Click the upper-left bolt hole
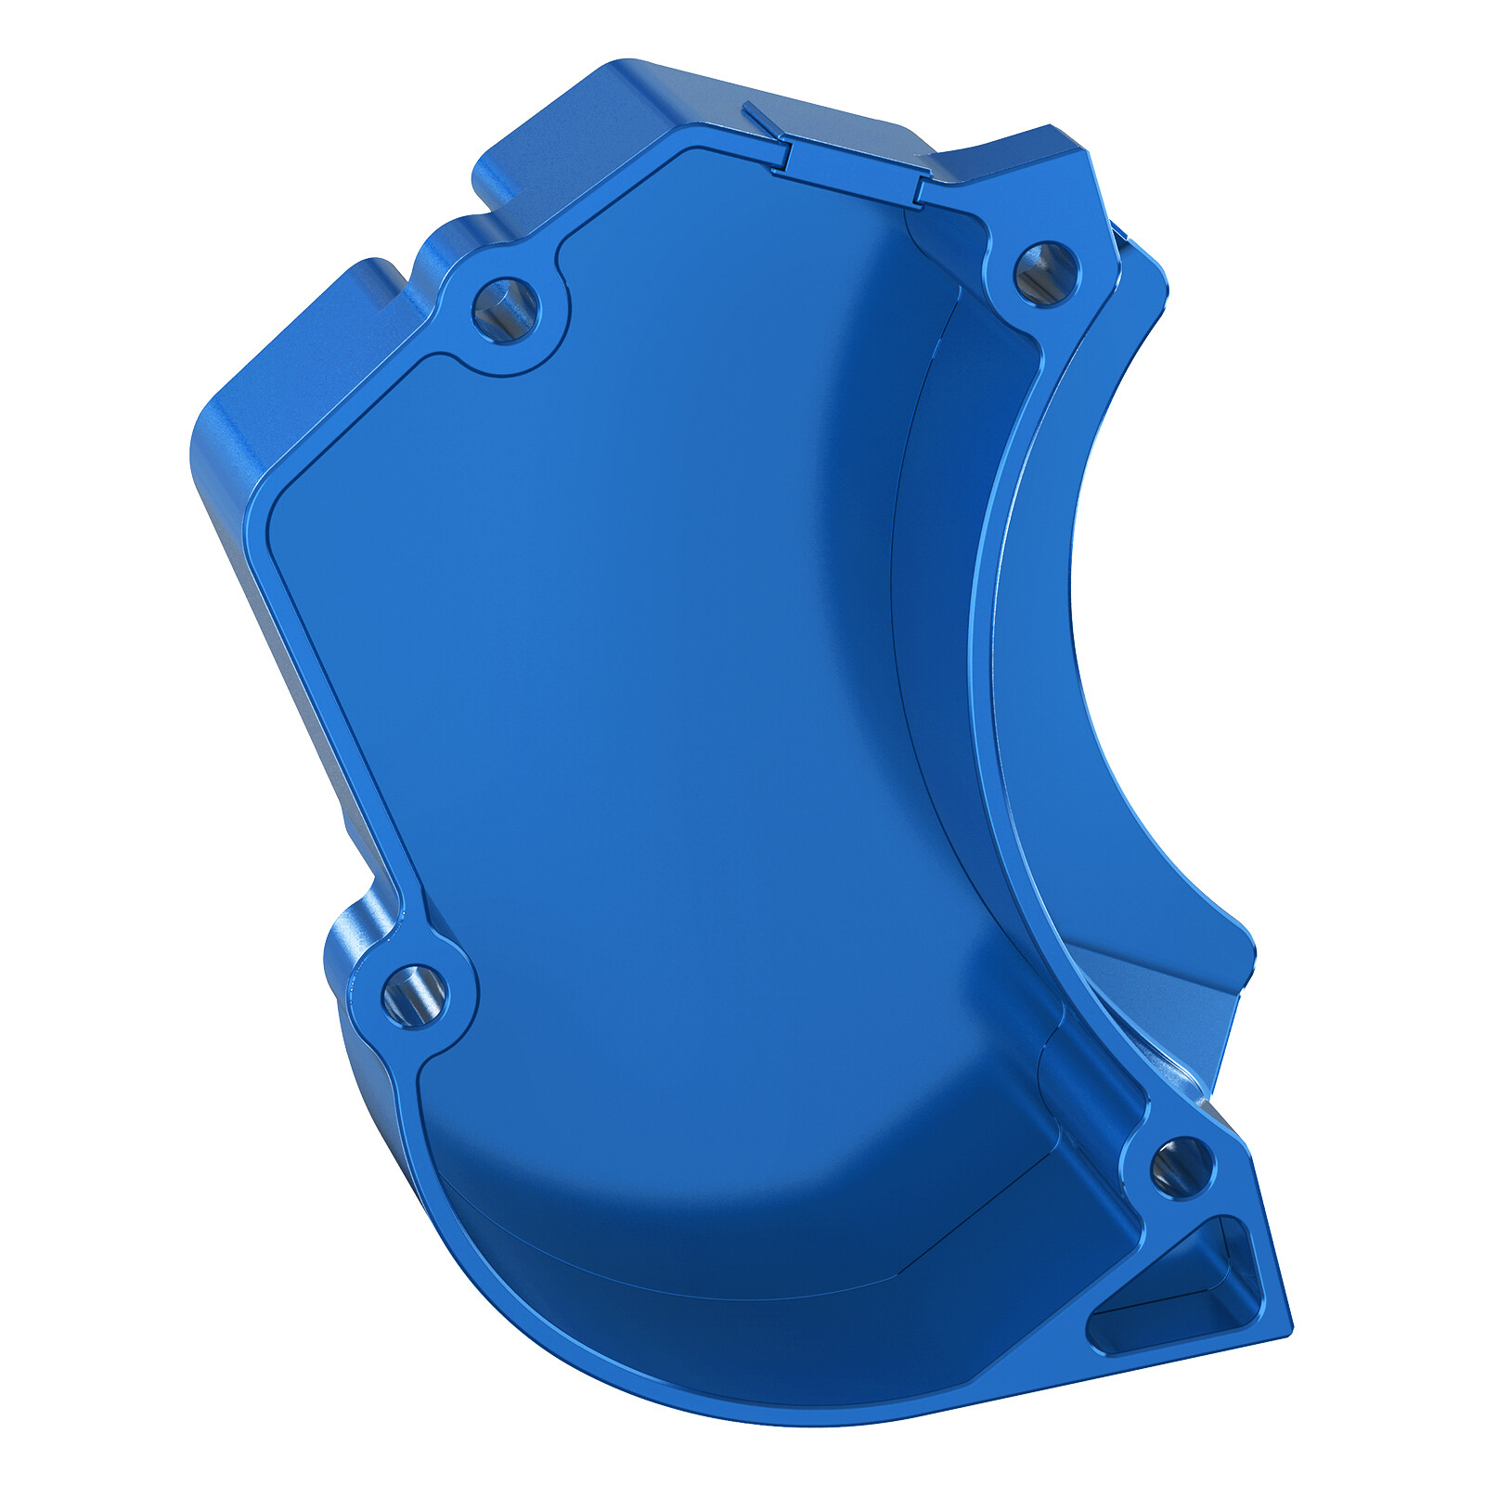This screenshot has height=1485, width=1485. tap(505, 309)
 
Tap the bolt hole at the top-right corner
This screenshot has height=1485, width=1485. tap(1046, 273)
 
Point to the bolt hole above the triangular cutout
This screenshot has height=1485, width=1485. tap(1181, 1167)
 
